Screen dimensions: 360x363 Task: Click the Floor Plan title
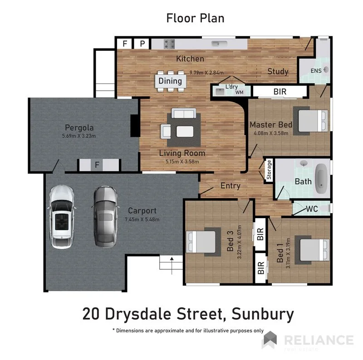click(x=196, y=18)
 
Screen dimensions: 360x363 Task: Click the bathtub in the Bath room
click(x=322, y=176)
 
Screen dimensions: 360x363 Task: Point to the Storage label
click(x=269, y=170)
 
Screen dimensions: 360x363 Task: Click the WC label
click(x=312, y=209)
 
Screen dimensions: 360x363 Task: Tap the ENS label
click(x=316, y=71)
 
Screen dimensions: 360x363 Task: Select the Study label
click(x=278, y=72)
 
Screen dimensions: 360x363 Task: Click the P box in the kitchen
click(x=142, y=44)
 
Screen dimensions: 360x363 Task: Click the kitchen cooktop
click(x=169, y=44)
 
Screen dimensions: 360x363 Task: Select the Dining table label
click(x=170, y=81)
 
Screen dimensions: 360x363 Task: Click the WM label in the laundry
click(x=239, y=92)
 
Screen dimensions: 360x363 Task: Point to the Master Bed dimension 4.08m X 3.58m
click(x=270, y=133)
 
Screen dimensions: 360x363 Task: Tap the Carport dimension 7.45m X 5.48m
click(x=142, y=219)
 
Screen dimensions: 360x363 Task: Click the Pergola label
click(x=79, y=127)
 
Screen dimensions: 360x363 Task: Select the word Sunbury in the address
click(x=263, y=314)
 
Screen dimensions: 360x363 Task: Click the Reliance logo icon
click(x=270, y=340)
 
